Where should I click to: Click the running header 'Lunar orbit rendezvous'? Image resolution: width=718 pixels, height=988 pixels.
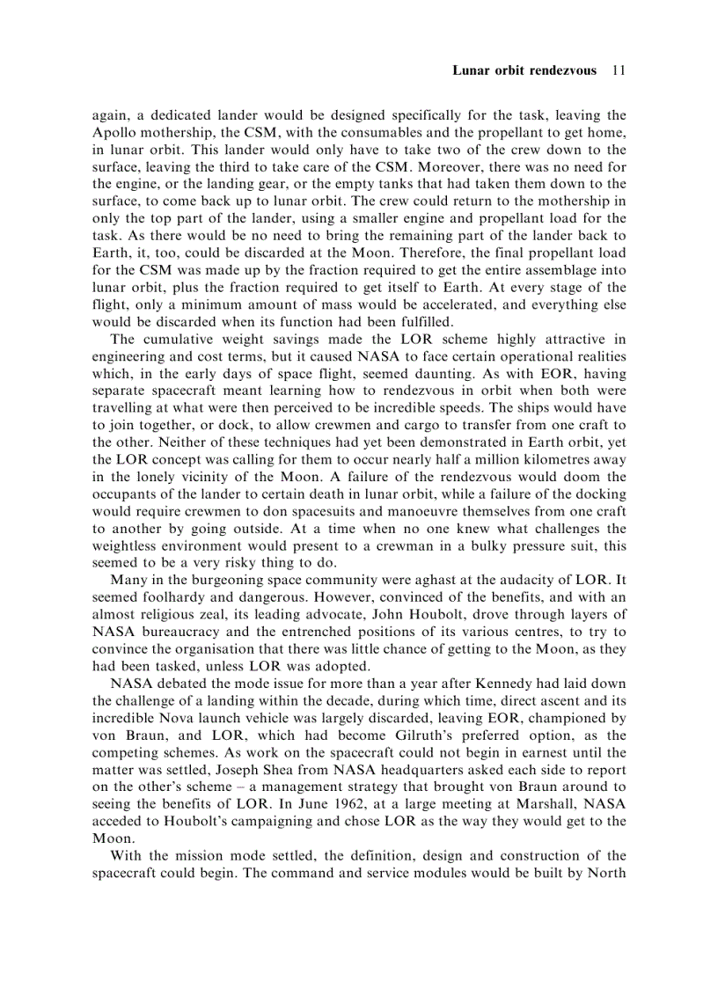pos(524,70)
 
